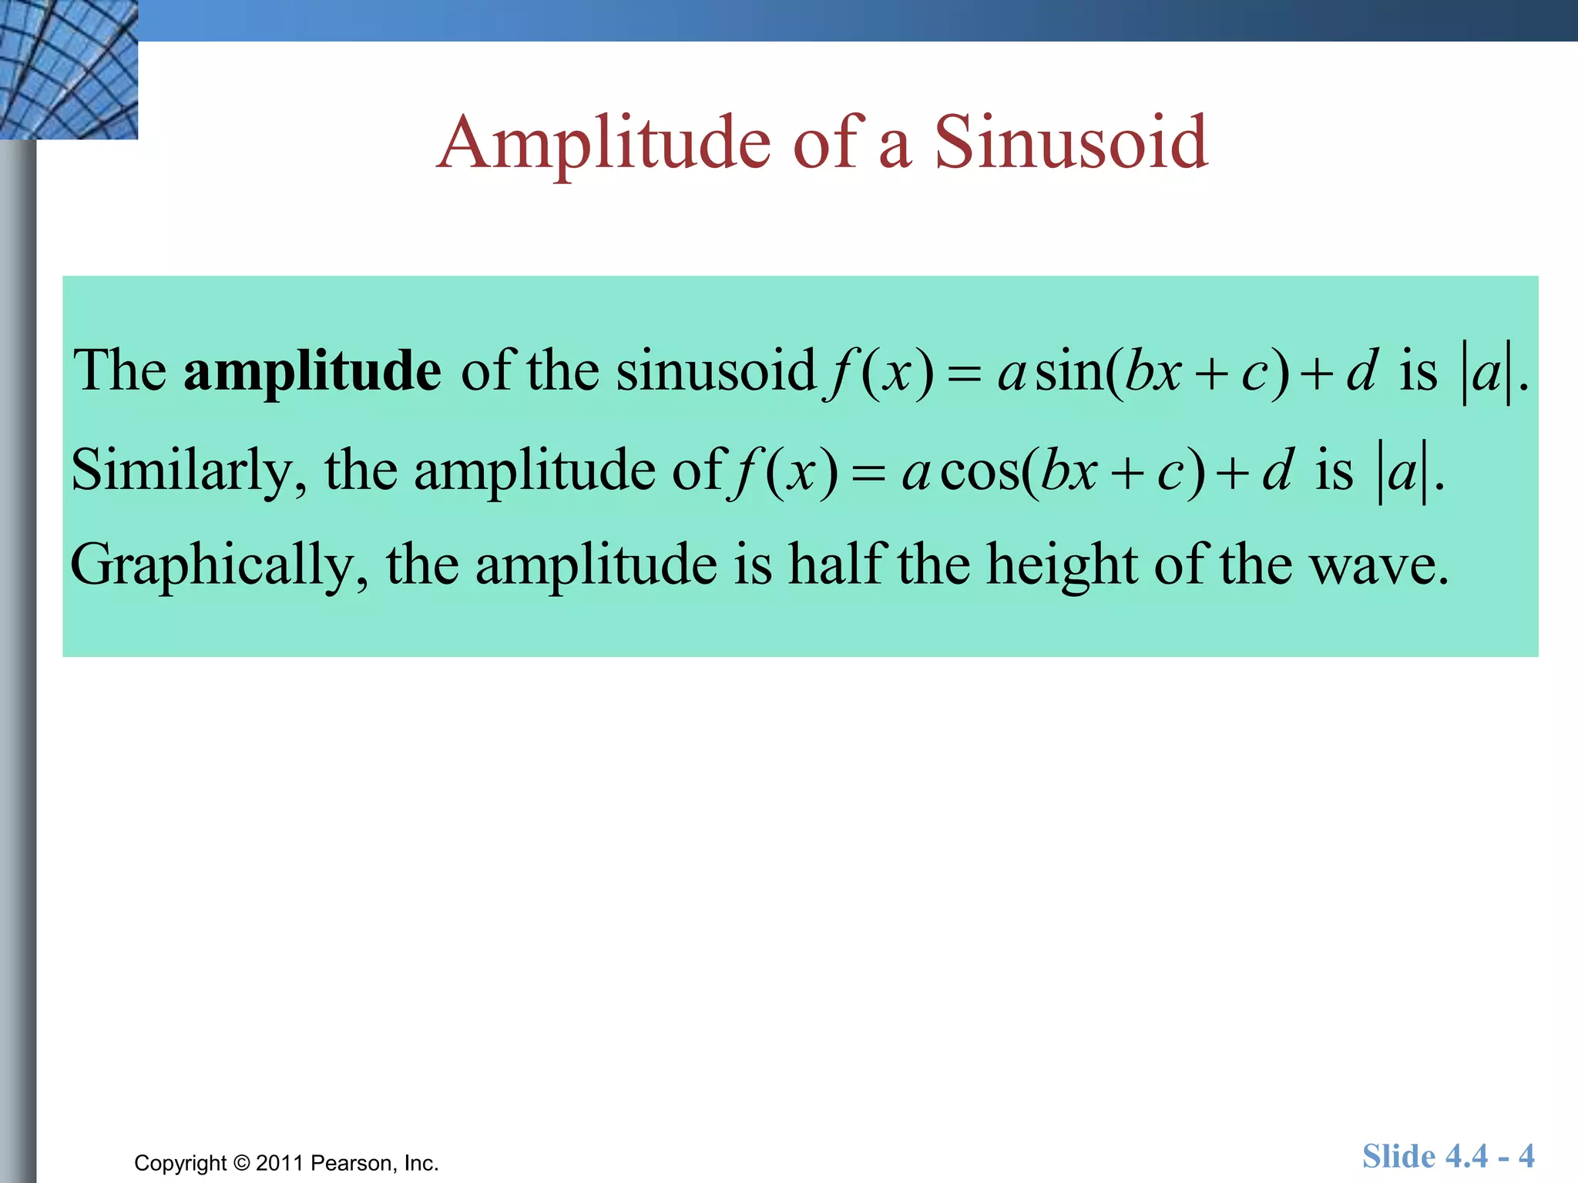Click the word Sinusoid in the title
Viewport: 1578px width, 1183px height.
(1070, 142)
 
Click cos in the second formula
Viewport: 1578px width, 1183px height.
(979, 471)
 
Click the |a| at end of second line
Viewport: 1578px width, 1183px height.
(1402, 472)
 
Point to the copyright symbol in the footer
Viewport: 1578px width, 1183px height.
(241, 1162)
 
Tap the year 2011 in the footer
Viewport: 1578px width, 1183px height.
(280, 1162)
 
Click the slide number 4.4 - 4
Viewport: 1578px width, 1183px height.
(1449, 1156)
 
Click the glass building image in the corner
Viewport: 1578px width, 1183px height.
(69, 69)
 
